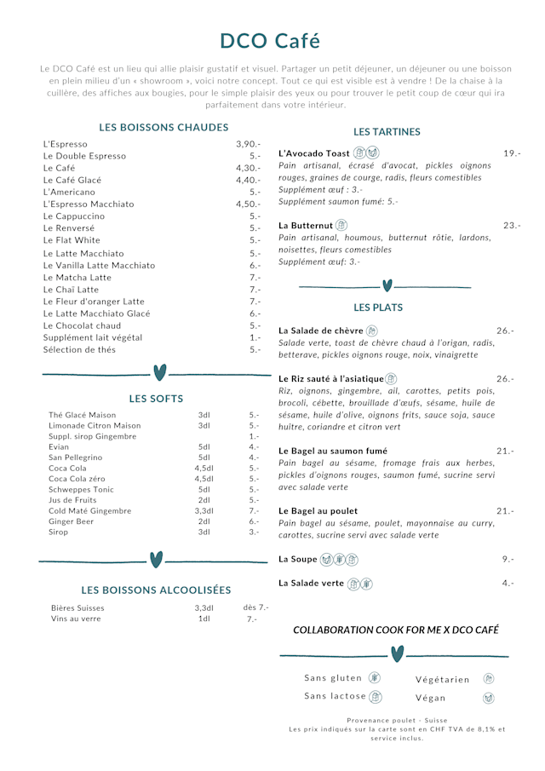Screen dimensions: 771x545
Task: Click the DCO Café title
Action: click(270, 41)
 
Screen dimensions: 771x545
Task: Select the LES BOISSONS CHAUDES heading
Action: click(163, 127)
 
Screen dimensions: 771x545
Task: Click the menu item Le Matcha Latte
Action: click(77, 278)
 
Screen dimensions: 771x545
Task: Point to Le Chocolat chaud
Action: click(82, 325)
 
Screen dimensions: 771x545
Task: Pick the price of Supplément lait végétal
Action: click(255, 337)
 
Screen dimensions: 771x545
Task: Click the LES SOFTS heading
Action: click(156, 398)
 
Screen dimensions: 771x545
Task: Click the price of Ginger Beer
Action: click(254, 521)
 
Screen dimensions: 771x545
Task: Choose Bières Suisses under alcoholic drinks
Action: click(77, 607)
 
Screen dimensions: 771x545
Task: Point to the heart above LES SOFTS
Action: click(159, 372)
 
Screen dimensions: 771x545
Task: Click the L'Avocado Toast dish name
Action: click(314, 153)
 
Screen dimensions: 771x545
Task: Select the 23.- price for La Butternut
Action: click(511, 225)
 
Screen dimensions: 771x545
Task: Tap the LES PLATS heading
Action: click(378, 307)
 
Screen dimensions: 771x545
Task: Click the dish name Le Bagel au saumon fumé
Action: click(333, 451)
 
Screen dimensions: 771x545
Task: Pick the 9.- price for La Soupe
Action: click(508, 559)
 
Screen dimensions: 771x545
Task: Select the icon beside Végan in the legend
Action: click(488, 698)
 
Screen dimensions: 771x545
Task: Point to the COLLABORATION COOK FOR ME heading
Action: click(396, 630)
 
